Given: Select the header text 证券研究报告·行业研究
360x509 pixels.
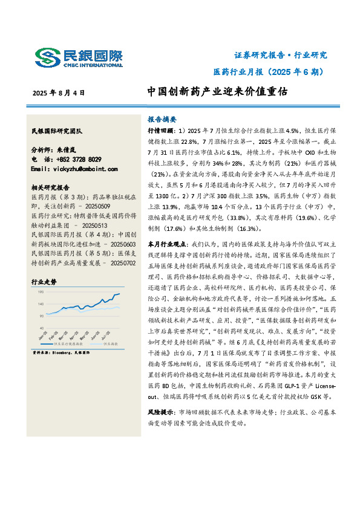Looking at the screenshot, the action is point(280,55).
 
